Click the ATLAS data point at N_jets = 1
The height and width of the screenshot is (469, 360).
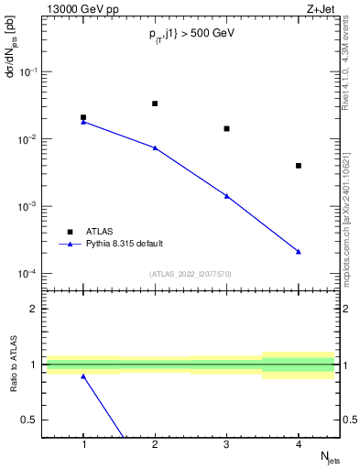click(83, 117)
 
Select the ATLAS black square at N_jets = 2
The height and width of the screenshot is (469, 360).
click(155, 104)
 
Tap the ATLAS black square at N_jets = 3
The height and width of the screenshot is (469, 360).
click(227, 128)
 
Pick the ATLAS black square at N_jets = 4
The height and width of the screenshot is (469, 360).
click(299, 166)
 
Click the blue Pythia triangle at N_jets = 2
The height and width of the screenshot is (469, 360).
click(155, 147)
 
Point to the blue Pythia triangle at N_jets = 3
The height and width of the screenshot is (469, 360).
click(227, 196)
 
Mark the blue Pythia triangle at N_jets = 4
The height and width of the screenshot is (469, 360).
click(299, 251)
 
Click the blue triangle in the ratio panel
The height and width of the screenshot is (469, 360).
click(83, 376)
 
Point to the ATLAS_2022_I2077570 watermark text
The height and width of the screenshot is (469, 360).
click(191, 273)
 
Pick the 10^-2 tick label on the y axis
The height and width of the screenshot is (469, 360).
click(26, 138)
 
